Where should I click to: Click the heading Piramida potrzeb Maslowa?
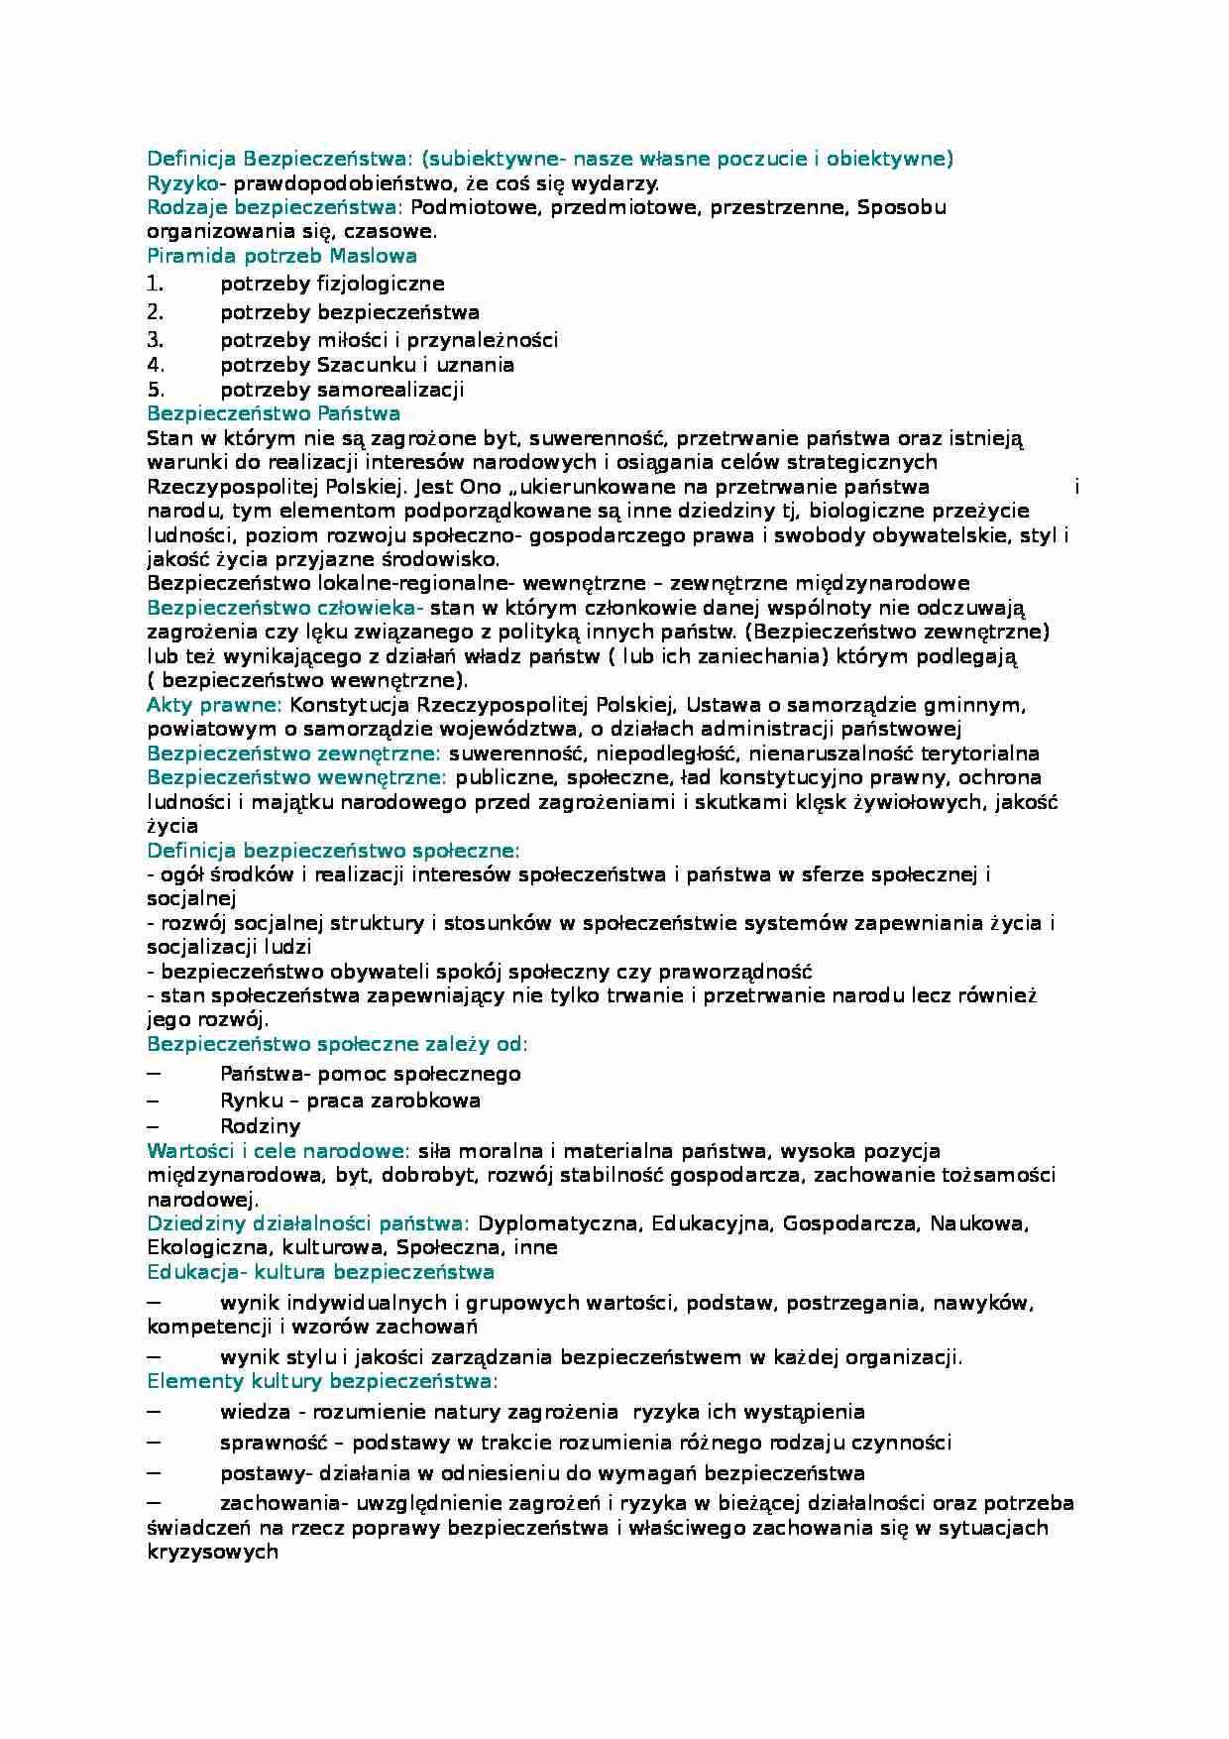(x=281, y=256)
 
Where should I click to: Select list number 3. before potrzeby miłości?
(x=155, y=340)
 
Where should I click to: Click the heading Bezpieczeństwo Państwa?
(x=274, y=413)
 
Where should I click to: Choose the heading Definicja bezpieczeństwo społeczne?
(x=333, y=851)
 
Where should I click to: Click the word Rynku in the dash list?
(x=247, y=1101)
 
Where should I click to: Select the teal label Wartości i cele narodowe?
(x=278, y=1151)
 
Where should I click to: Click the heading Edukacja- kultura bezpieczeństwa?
(x=320, y=1272)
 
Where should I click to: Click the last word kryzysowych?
(x=212, y=1553)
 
